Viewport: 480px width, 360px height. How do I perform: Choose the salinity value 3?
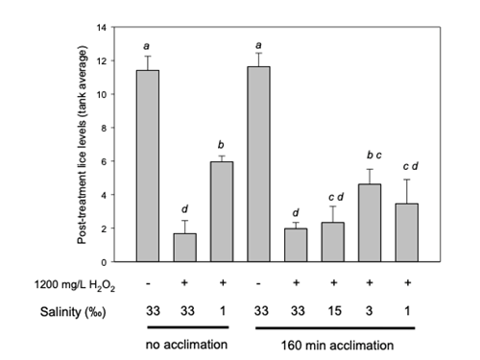click(372, 312)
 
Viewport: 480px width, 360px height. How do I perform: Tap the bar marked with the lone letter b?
click(222, 211)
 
